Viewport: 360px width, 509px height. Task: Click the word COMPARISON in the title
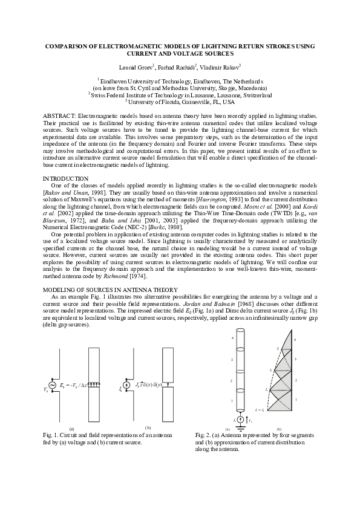pos(68,47)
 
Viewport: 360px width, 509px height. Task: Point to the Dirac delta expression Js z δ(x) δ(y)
pos(148,384)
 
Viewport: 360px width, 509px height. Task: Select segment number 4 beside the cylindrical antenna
pos(232,339)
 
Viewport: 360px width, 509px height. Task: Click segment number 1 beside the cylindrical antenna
pos(232,400)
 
